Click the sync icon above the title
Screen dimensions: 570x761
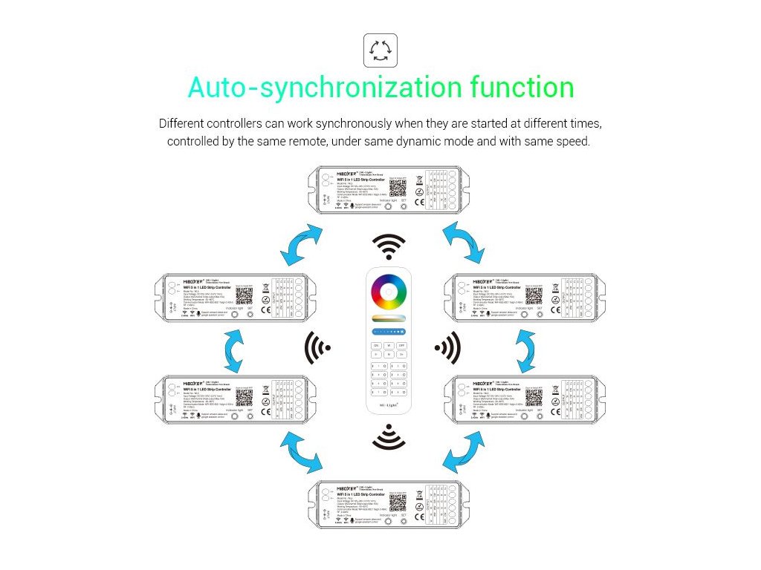380,50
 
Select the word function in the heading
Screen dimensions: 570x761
522,88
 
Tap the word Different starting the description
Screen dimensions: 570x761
184,123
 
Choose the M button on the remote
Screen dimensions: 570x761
388,354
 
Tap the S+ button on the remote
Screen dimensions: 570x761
402,354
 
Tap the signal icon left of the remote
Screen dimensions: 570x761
317,347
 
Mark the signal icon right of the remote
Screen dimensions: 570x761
447,347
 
